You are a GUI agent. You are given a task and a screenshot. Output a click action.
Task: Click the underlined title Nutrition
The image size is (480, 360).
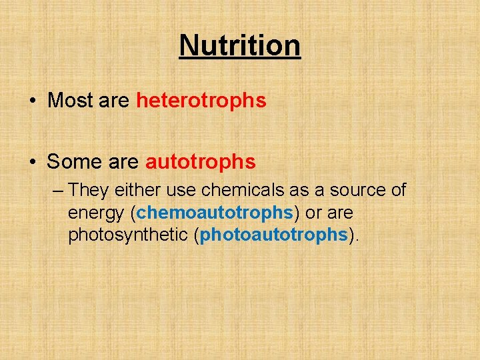click(240, 45)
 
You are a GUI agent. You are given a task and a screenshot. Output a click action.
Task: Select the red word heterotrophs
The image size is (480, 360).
click(201, 101)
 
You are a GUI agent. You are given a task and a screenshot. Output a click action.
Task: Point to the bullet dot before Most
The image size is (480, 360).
click(32, 101)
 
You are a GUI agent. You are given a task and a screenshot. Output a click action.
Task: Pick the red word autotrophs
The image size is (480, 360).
click(200, 161)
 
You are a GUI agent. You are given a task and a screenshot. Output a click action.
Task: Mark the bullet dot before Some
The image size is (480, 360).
click(32, 162)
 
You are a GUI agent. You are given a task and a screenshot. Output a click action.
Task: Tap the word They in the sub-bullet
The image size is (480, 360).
click(89, 190)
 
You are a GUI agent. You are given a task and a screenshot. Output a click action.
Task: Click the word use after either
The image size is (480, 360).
click(181, 191)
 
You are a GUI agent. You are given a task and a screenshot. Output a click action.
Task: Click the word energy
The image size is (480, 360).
click(96, 213)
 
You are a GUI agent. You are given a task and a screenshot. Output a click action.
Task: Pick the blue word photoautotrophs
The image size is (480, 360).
click(274, 235)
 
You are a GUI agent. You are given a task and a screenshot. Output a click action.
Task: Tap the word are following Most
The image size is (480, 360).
click(115, 101)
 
